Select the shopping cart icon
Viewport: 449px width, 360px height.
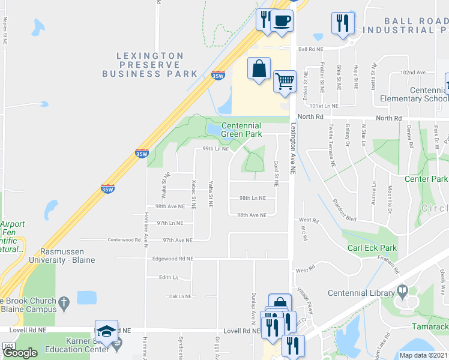[285, 80]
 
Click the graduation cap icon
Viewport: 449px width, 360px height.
[106, 331]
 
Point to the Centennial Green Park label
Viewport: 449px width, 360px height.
[241, 130]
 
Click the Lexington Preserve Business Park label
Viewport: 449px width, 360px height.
[149, 65]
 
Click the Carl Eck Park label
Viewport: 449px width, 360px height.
[372, 248]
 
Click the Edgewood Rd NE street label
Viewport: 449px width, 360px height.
[173, 259]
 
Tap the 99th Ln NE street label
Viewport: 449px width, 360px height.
[216, 148]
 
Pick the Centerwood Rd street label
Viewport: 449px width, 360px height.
[124, 240]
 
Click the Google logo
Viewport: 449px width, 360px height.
[20, 353]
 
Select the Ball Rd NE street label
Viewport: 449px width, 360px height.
[311, 49]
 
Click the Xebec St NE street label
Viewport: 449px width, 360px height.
[193, 193]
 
